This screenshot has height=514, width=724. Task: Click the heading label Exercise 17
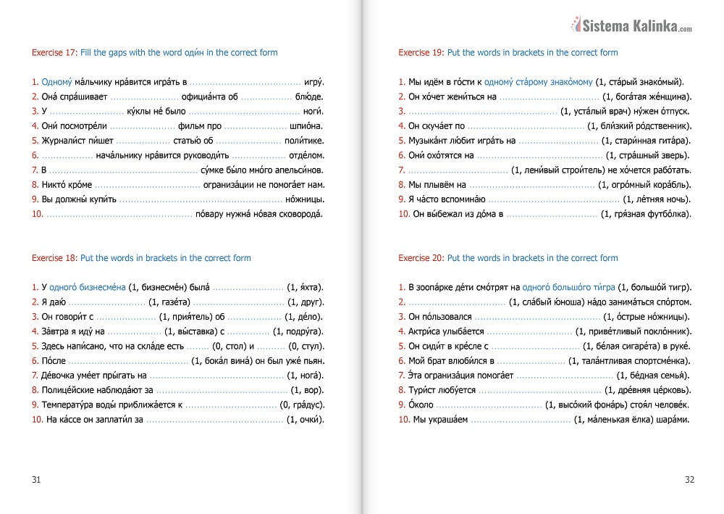54,53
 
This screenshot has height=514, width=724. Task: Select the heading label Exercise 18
54,258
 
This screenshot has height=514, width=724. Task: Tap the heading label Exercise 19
421,53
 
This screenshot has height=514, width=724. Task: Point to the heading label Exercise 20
421,258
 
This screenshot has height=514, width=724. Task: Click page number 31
37,479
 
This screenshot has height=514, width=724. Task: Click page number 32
689,479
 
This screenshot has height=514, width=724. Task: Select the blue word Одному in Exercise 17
58,83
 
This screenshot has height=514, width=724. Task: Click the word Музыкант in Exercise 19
429,141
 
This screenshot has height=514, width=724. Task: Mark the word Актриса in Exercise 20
426,331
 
